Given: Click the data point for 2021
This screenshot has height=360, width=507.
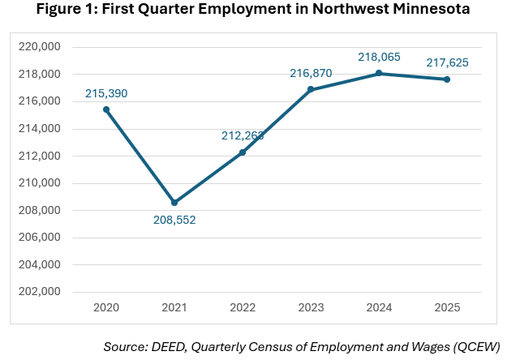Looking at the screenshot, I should tap(174, 203).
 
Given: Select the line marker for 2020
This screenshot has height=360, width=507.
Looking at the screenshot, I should tap(106, 109).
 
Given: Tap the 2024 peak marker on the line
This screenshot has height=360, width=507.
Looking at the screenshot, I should tap(379, 73).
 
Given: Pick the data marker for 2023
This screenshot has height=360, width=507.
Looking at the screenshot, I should tap(311, 89).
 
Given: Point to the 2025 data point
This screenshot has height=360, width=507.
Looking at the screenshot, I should tap(447, 79).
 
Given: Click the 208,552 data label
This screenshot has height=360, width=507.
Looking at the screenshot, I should tap(174, 220).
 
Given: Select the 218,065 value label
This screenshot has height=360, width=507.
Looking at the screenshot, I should tap(379, 57).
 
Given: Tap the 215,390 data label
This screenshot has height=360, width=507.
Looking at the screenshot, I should tap(106, 93).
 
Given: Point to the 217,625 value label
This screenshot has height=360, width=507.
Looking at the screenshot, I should tap(447, 62).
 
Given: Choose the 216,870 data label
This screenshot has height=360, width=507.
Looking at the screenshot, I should tap(311, 73).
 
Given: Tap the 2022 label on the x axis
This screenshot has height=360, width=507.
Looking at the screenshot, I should tap(243, 309).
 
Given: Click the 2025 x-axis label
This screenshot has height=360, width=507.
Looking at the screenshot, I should tap(447, 309).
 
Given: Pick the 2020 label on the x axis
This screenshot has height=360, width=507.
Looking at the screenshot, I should tap(106, 309).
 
